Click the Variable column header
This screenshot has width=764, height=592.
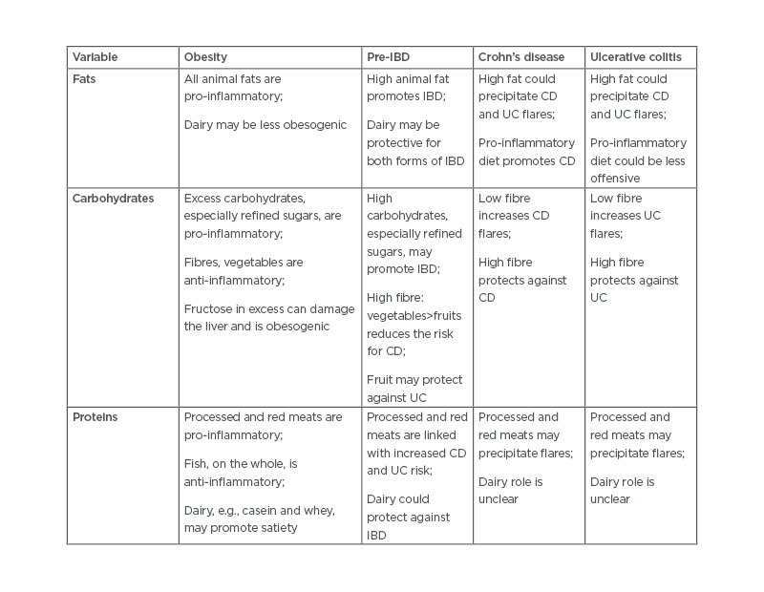coord(95,57)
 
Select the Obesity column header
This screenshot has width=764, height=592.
coord(205,57)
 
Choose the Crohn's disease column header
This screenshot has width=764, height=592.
coord(521,57)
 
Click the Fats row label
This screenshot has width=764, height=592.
coord(84,79)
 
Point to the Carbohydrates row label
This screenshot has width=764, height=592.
coord(113,199)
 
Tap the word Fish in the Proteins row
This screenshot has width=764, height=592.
coord(196,463)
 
